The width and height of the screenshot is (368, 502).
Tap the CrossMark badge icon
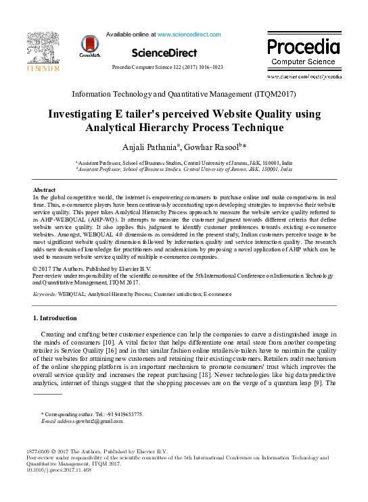[x=89, y=45]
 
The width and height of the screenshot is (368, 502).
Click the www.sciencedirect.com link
[x=187, y=33]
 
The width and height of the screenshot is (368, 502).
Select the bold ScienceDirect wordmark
[x=164, y=53]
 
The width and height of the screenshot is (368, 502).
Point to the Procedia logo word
[x=303, y=47]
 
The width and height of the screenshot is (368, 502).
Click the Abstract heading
[x=44, y=190]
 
